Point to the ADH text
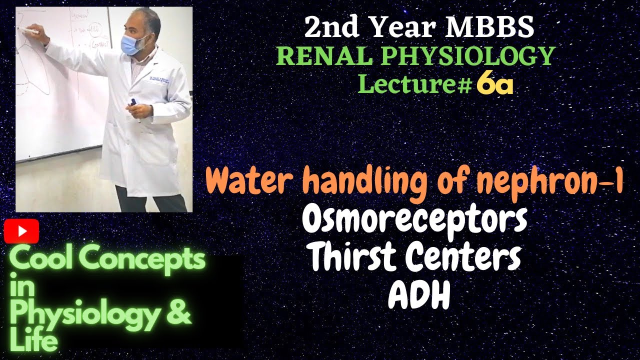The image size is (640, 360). tap(419, 297)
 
